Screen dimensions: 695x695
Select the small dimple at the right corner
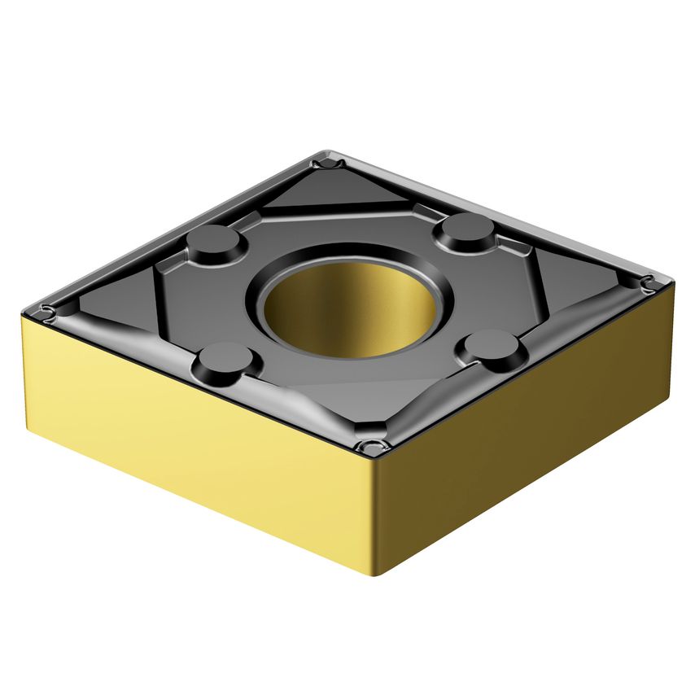pos(649,285)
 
